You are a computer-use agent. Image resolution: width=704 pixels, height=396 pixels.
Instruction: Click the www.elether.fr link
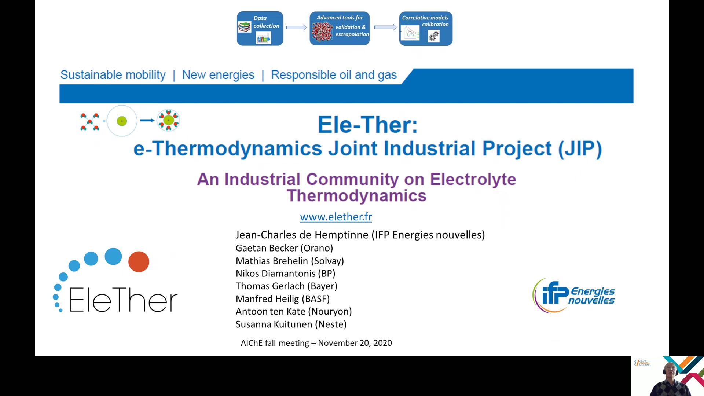[336, 217]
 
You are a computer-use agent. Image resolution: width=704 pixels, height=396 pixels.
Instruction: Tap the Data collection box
[260, 28]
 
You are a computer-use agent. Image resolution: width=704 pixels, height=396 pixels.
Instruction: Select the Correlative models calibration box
[426, 28]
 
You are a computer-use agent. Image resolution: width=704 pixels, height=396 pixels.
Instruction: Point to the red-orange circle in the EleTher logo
[139, 261]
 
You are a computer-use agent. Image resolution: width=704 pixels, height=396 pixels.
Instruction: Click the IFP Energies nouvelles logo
[573, 296]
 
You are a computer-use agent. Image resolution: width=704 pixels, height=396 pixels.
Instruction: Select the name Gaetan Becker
[267, 248]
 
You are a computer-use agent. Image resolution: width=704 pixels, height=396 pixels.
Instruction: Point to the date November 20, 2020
[355, 343]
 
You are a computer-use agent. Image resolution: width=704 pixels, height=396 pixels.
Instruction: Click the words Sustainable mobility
[113, 75]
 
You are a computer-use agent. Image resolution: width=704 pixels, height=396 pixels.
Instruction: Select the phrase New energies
[218, 75]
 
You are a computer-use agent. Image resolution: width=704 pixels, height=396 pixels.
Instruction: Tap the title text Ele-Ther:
[368, 125]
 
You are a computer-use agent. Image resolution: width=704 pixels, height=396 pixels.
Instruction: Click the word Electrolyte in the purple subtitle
[473, 179]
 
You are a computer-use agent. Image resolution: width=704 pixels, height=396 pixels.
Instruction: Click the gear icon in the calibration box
[434, 36]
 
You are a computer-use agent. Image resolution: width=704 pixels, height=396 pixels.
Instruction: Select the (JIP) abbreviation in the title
[580, 149]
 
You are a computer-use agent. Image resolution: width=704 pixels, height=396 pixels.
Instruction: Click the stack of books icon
[244, 27]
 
